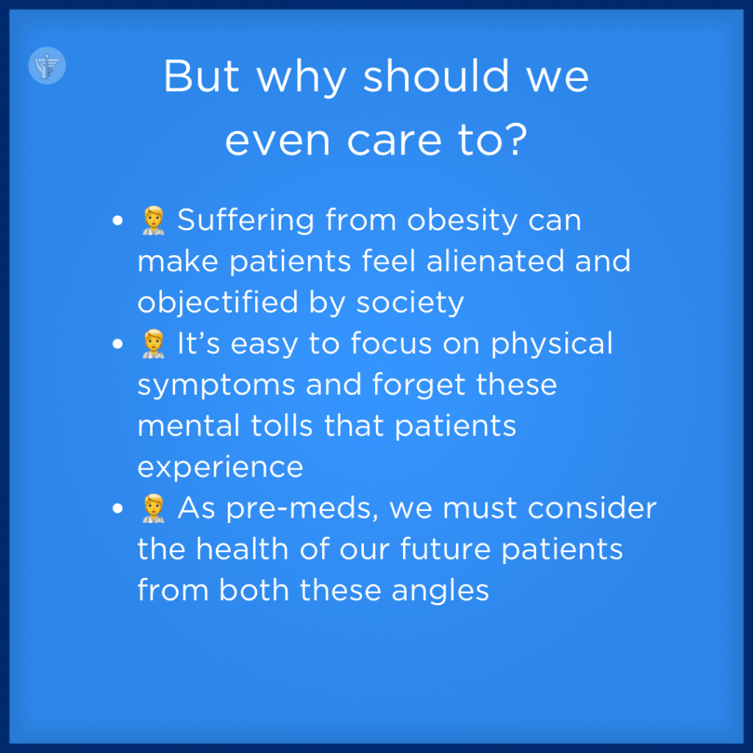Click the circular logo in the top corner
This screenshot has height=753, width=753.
[x=47, y=65]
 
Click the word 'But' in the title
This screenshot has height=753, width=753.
[x=201, y=76]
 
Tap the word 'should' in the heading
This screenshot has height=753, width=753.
[x=436, y=76]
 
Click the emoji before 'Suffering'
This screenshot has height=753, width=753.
[x=154, y=221]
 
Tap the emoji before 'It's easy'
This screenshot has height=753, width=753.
[x=154, y=344]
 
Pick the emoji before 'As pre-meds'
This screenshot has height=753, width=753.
[x=154, y=508]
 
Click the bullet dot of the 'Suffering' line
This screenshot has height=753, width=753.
[x=118, y=221]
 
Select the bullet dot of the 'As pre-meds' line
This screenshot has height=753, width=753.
[x=118, y=509]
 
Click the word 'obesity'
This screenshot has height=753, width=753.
[x=462, y=221]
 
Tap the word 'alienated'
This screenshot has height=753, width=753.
[x=495, y=261]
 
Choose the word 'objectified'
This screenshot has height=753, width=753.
[x=218, y=303]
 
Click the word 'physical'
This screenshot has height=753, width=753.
[x=552, y=344]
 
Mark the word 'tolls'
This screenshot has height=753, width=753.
[x=282, y=426]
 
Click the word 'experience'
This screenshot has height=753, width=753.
[x=221, y=468]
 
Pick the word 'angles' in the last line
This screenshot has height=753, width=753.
[x=440, y=591]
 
